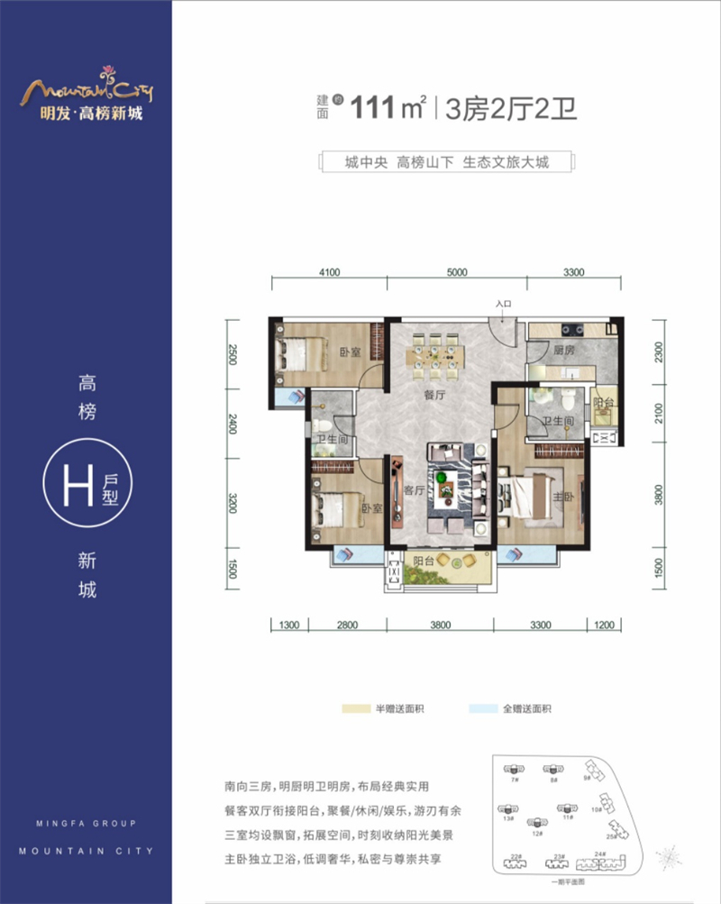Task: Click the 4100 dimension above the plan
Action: pos(328,271)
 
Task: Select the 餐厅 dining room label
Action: pos(435,395)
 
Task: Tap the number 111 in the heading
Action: pos(375,108)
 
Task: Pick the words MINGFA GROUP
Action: pos(77,824)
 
